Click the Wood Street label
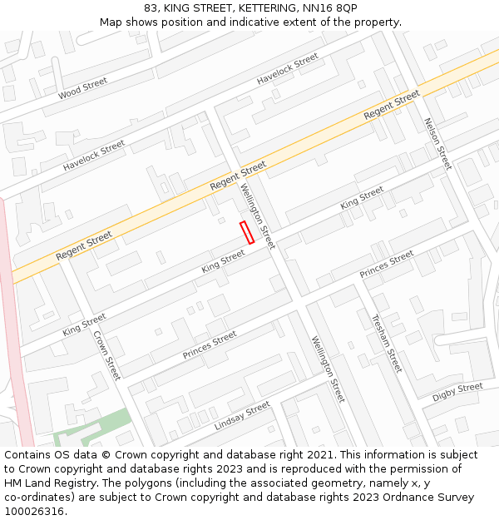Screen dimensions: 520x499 coord(83,88)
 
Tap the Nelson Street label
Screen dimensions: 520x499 coord(437,143)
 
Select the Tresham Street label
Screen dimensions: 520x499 coord(387,343)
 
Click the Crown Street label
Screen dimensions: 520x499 coord(107,355)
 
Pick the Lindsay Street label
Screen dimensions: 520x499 coord(243,415)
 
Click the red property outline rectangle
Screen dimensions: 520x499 coord(247,232)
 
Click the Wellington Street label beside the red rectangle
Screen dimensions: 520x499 coord(257,215)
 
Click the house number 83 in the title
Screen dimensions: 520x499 coord(151,7)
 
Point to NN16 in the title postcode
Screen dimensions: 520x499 coord(328,7)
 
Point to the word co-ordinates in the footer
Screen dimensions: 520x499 coord(37,498)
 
